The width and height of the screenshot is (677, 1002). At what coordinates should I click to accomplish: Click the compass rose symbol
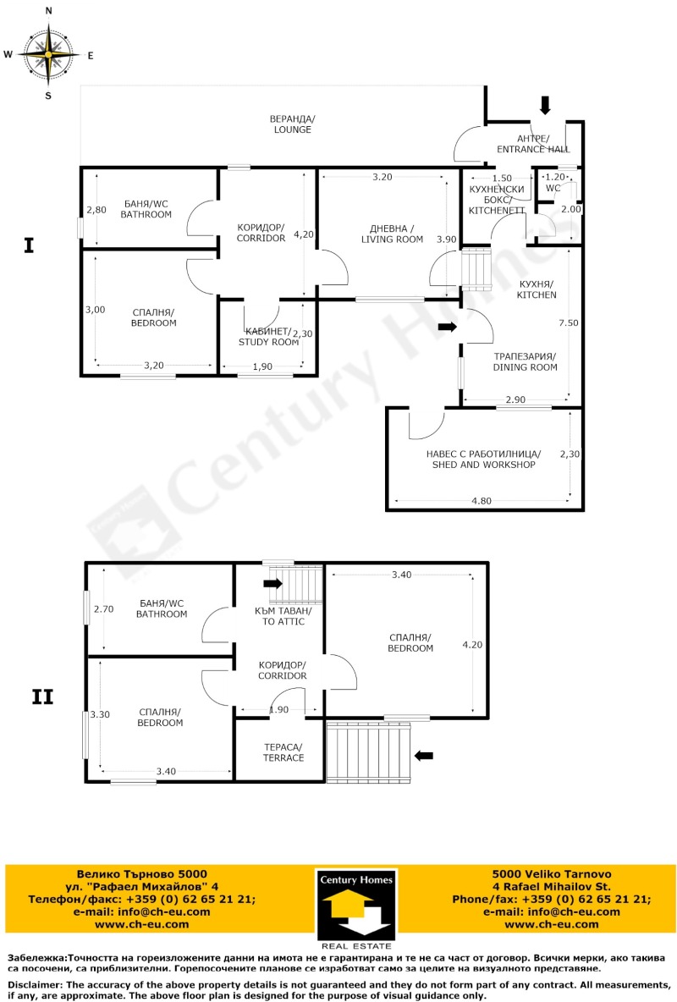point(48,53)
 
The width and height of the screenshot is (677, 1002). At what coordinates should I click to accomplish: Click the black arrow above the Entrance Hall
point(545,104)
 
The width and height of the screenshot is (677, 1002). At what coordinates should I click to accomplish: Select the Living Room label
point(392,234)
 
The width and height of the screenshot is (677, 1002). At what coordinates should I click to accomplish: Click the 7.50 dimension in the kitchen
point(569,322)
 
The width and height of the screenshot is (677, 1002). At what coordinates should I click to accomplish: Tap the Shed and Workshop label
point(482,459)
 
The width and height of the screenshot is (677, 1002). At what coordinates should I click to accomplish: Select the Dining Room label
point(525,362)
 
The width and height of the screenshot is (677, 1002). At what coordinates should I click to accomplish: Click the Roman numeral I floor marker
point(29,246)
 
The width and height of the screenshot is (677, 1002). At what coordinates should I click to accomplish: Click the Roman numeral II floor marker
point(42,697)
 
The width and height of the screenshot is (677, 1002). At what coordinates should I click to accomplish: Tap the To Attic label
point(283,616)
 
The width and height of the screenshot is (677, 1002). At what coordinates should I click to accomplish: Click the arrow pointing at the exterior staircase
point(424,755)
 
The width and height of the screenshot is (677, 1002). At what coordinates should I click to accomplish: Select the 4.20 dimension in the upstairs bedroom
point(472,644)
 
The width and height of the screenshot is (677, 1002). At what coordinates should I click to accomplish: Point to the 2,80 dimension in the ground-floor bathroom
point(96,210)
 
